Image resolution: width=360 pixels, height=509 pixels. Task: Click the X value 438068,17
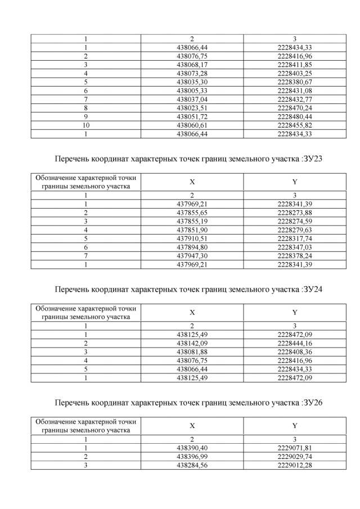coord(192,65)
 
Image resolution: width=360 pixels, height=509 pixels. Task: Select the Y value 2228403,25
coord(295,73)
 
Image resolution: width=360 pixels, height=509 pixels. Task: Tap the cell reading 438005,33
coord(192,91)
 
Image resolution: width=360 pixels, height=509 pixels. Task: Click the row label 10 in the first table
coord(86,125)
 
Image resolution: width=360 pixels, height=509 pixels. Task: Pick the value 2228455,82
coord(295,125)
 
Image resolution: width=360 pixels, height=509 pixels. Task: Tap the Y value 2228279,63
coord(295,229)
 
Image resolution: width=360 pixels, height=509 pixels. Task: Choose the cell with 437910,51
coord(192,238)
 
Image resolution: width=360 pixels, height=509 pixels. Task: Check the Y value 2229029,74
coord(295,456)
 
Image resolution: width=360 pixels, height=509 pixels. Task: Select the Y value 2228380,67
coord(295,82)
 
